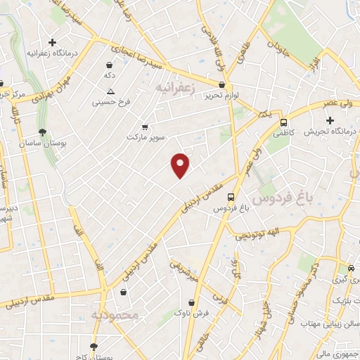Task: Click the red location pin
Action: coord(181,165)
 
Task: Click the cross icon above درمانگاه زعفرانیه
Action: coord(52,43)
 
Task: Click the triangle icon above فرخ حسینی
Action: coord(110,91)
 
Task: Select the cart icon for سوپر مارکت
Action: coord(145,127)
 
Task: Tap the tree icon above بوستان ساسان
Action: coord(44,131)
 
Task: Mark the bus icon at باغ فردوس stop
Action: coord(231,198)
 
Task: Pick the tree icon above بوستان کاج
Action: coord(94,346)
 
